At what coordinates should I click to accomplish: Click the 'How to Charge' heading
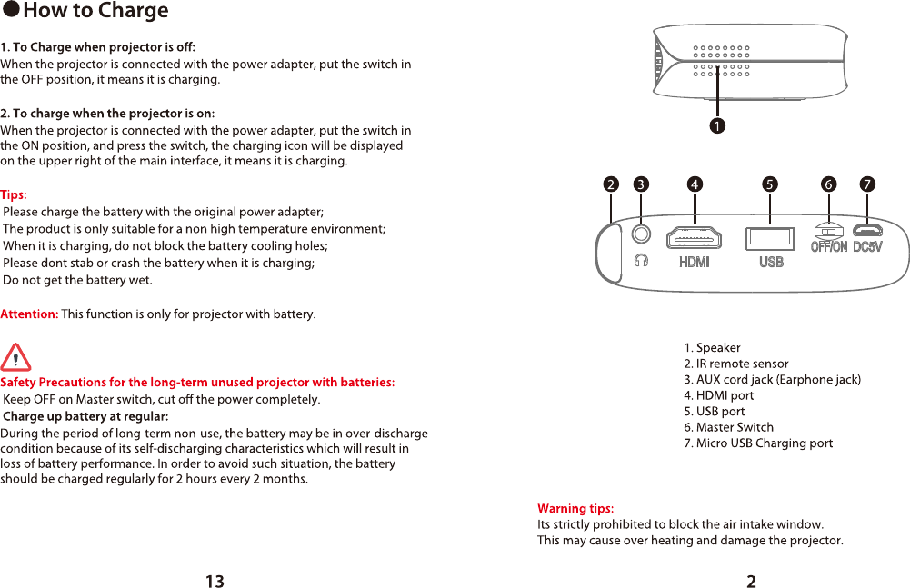pos(95,11)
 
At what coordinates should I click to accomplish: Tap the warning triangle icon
pos(15,357)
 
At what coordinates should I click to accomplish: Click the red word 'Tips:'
pos(14,194)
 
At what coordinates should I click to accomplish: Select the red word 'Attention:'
pos(29,314)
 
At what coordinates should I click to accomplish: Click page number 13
pos(215,582)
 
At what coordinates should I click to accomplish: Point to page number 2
pos(751,582)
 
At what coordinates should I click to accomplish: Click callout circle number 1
pos(718,125)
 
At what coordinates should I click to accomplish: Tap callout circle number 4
pos(695,184)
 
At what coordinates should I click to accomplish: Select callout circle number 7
pos(868,184)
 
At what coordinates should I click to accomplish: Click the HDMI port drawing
pos(695,237)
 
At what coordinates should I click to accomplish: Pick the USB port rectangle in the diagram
pos(770,238)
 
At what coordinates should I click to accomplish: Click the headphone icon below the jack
pos(642,261)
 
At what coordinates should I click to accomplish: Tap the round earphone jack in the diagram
pos(642,233)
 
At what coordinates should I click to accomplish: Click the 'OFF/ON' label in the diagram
pos(829,246)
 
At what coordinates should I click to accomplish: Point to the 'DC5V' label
pos(867,246)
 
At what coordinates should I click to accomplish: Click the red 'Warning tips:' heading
pos(575,508)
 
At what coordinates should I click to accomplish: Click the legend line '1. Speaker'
pos(713,347)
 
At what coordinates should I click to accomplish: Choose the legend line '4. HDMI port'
pos(725,395)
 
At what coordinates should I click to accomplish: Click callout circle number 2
pos(611,184)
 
